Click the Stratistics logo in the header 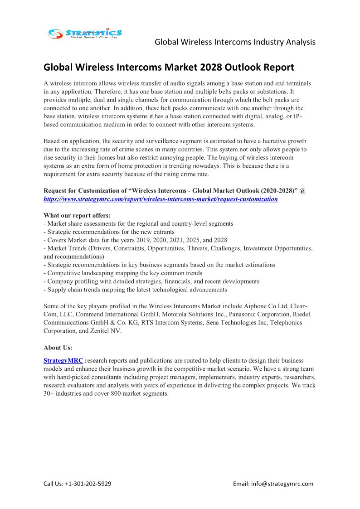[85, 33]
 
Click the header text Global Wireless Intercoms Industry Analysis [235, 42]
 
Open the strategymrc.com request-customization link [161, 199]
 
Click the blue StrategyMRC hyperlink [63, 361]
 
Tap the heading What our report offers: [77, 215]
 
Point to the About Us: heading [58, 348]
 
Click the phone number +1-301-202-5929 [88, 484]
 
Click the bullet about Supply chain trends [136, 290]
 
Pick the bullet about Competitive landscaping [123, 273]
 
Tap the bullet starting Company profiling [151, 281]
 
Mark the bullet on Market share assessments [139, 223]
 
